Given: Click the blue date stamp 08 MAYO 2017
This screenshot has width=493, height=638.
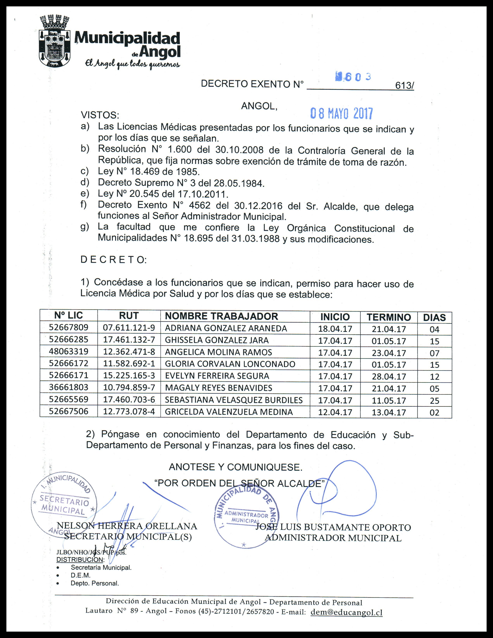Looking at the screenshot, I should (x=341, y=114).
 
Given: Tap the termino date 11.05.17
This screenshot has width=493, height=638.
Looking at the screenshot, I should (x=389, y=400).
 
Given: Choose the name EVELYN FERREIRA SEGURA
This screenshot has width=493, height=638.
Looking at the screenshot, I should (x=217, y=376).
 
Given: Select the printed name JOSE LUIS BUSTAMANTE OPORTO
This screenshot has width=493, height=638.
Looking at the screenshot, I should (x=333, y=528).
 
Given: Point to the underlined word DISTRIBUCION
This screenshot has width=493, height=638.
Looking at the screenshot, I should (x=79, y=560).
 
